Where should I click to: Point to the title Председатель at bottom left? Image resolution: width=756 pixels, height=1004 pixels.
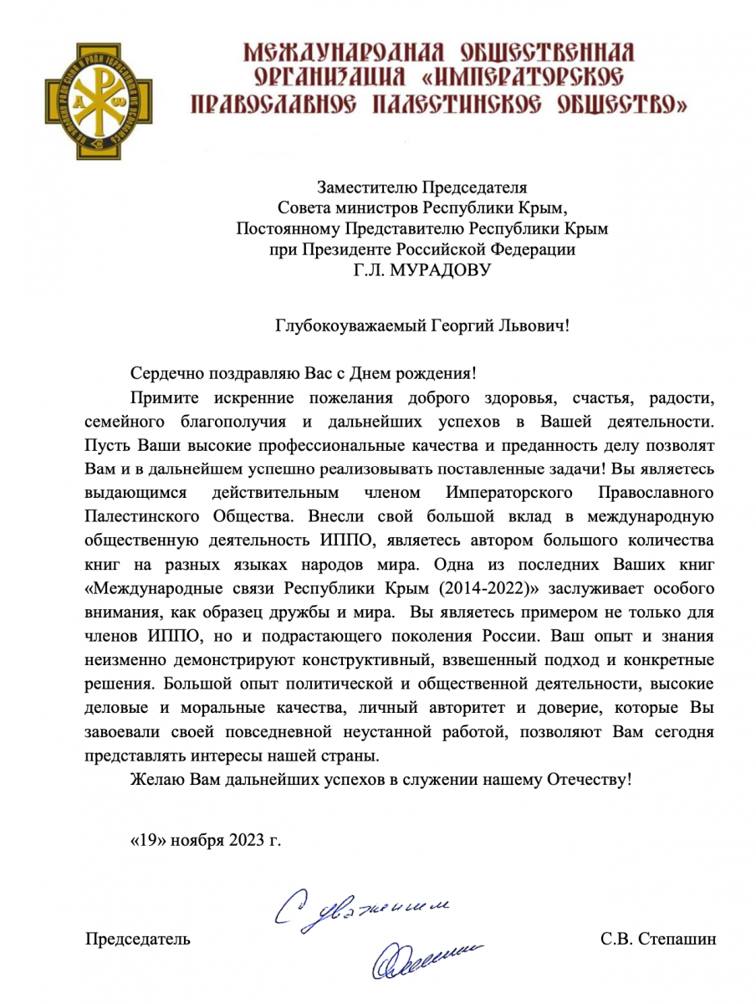[138, 939]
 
